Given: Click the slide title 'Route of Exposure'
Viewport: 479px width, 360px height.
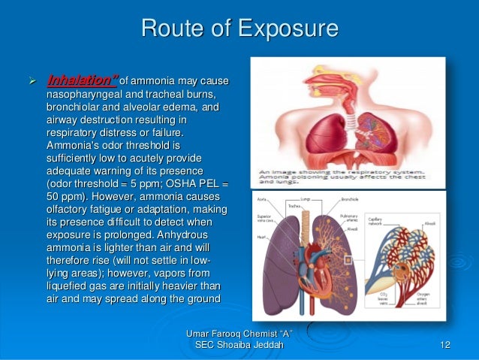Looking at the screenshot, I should (x=239, y=29).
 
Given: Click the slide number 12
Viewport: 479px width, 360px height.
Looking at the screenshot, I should (x=445, y=344).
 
